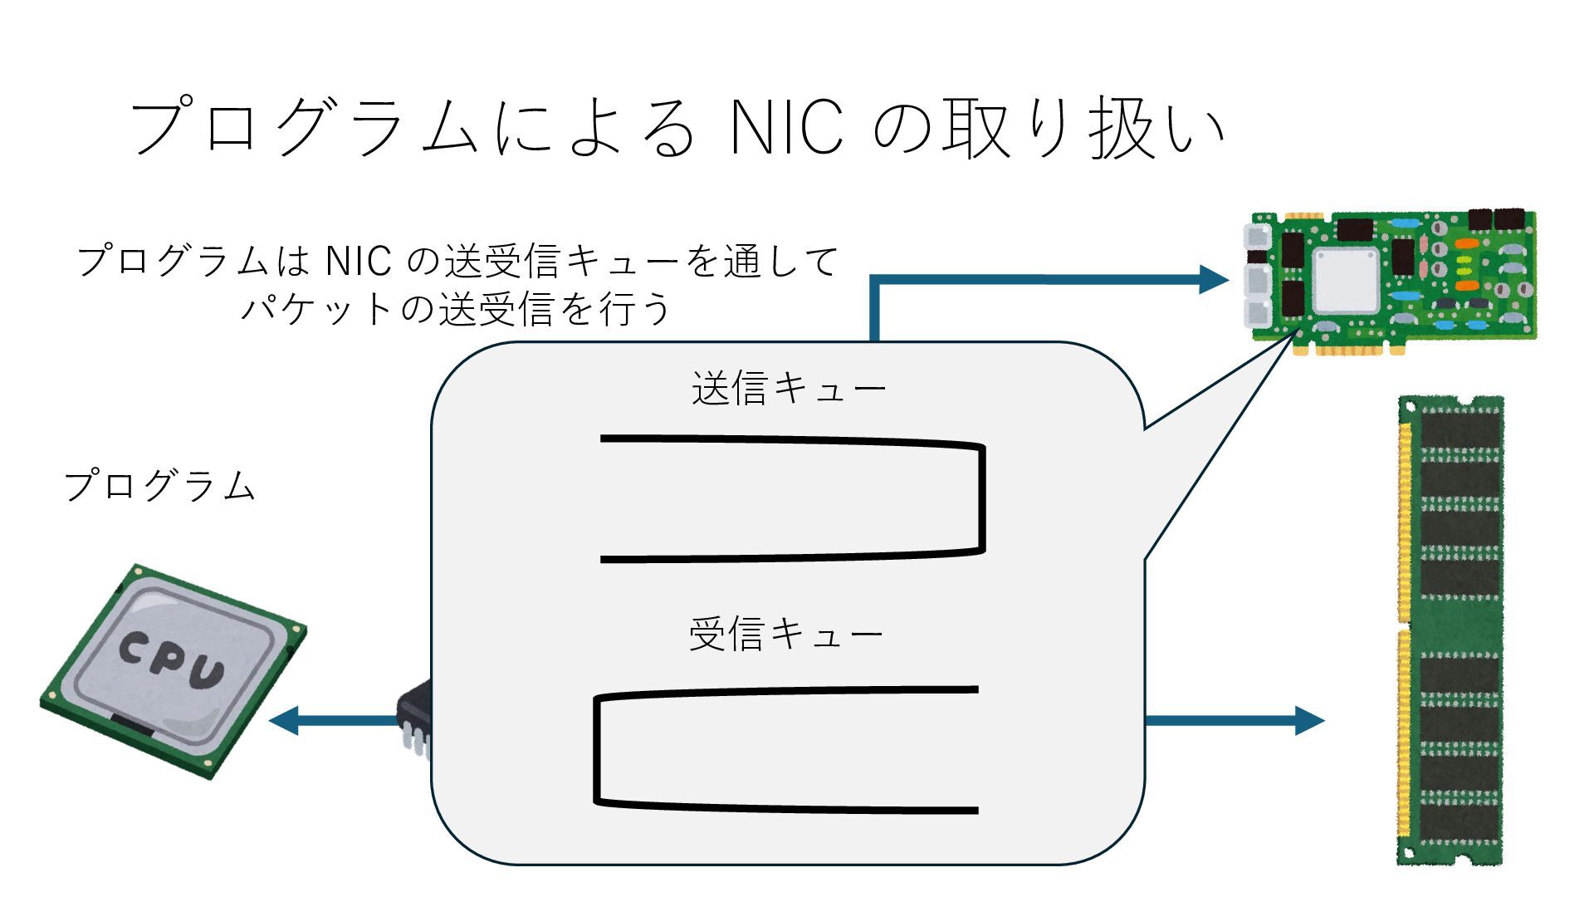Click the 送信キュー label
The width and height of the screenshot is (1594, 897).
pyautogui.click(x=789, y=389)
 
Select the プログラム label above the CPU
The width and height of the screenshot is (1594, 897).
pyautogui.click(x=159, y=486)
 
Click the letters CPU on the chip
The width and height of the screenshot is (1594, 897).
pyautogui.click(x=173, y=660)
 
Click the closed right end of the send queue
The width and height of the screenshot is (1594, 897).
pyautogui.click(x=982, y=498)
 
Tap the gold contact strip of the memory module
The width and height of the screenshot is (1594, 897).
pyautogui.click(x=1405, y=631)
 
